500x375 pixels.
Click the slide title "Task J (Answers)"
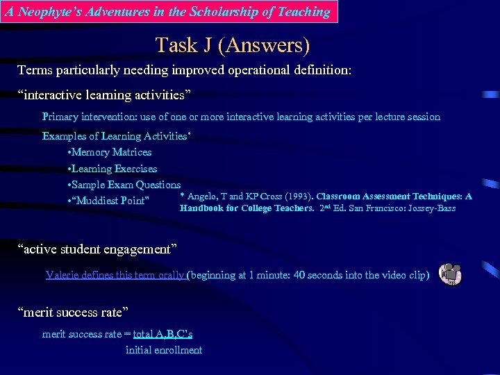pos(233,46)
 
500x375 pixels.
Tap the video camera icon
pos(451,274)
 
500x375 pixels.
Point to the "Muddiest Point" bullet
pos(110,201)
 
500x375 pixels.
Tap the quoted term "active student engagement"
pos(97,249)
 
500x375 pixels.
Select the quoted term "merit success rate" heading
pos(73,312)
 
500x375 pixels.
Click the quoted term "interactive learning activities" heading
pos(100,94)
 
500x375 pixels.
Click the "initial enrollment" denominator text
pos(164,350)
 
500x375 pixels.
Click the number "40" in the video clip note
pos(299,275)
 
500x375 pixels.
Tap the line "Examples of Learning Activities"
pos(115,136)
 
